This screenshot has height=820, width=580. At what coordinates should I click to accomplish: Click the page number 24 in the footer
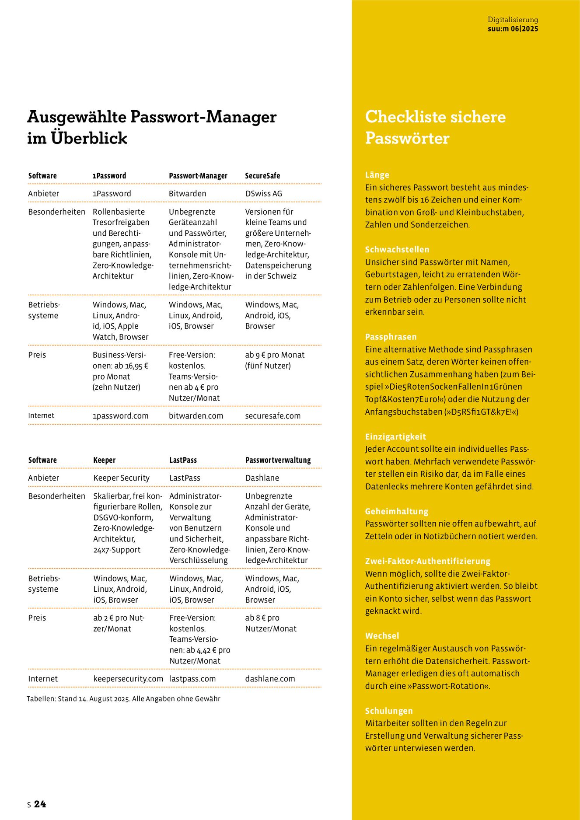pos(40,804)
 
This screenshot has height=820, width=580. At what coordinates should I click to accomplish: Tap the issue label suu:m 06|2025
pos(513,29)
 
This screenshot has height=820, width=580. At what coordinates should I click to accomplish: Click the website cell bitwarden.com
pos(196,416)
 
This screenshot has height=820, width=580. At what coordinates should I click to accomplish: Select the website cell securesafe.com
pos(273,416)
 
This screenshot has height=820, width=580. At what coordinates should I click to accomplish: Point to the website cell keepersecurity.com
pos(128,679)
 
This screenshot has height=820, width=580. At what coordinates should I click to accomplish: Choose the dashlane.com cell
pos(270,679)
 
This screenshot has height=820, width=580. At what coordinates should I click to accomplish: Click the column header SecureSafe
pos(262,176)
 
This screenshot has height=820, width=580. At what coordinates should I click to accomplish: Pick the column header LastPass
pos(183,460)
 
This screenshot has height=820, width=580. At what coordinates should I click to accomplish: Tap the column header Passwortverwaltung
pos(278,460)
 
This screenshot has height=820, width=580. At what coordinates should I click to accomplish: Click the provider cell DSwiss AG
pos(263,194)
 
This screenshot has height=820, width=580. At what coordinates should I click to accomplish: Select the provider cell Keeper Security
pos(121,478)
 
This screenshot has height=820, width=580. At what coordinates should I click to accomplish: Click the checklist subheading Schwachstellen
pos(397,250)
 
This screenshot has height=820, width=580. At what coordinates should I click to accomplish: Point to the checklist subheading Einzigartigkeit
pos(395,436)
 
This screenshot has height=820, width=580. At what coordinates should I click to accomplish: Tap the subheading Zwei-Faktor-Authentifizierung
pos(428,561)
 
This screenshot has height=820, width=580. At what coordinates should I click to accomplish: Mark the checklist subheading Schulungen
pos(389,711)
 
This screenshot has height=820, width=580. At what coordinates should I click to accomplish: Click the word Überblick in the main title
pos(89,138)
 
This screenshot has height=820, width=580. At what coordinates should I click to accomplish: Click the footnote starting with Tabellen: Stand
pos(123,699)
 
